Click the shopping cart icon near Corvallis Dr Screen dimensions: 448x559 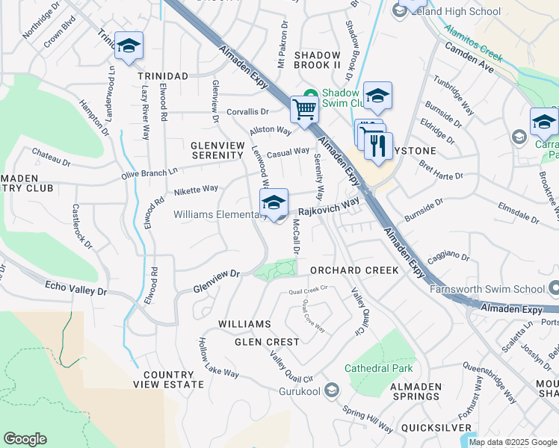(x=304, y=110)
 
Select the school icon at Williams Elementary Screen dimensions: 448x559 (x=274, y=203)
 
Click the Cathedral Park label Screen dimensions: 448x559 (x=378, y=368)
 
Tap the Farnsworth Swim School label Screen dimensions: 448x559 (x=489, y=287)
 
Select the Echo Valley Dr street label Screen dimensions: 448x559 (x=77, y=288)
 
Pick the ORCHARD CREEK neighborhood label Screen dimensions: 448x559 (x=354, y=270)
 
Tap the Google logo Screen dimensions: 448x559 (x=25, y=439)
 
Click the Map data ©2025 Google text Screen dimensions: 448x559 (x=513, y=442)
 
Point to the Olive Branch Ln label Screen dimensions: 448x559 (x=151, y=172)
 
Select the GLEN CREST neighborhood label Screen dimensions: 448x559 (x=267, y=342)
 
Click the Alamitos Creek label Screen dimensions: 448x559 (x=474, y=41)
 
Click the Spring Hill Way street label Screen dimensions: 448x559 (x=367, y=420)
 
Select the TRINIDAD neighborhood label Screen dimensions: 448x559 (x=162, y=76)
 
